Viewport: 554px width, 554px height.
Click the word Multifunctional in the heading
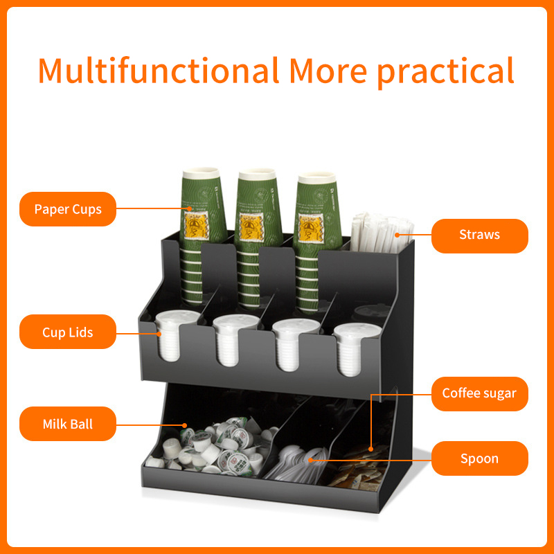point(159,71)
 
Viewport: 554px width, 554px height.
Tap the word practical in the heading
point(445,73)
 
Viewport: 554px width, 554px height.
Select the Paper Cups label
point(68,209)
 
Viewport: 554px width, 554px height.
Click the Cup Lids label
point(68,332)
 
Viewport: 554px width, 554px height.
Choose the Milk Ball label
point(68,424)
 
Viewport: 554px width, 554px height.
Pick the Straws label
point(479,235)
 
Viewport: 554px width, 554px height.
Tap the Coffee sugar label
point(479,393)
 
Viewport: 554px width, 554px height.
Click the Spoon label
point(479,458)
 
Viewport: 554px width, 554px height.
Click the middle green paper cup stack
point(258,238)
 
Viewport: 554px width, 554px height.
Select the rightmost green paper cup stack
point(317,242)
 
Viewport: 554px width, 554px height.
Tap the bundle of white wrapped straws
point(382,233)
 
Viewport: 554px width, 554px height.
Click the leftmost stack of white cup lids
point(173,335)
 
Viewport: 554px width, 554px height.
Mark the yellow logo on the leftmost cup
point(196,226)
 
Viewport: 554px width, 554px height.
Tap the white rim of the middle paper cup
point(257,175)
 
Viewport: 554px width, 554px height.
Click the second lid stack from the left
point(231,340)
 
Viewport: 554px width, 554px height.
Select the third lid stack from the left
point(292,344)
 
